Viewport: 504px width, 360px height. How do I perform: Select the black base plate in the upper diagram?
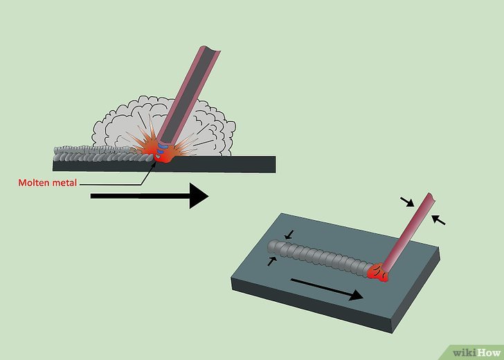tap(222, 164)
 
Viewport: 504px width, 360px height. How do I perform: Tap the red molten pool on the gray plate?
tap(379, 273)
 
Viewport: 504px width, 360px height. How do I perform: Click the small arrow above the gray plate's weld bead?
tap(289, 235)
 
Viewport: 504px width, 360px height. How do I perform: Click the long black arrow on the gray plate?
tap(325, 289)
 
